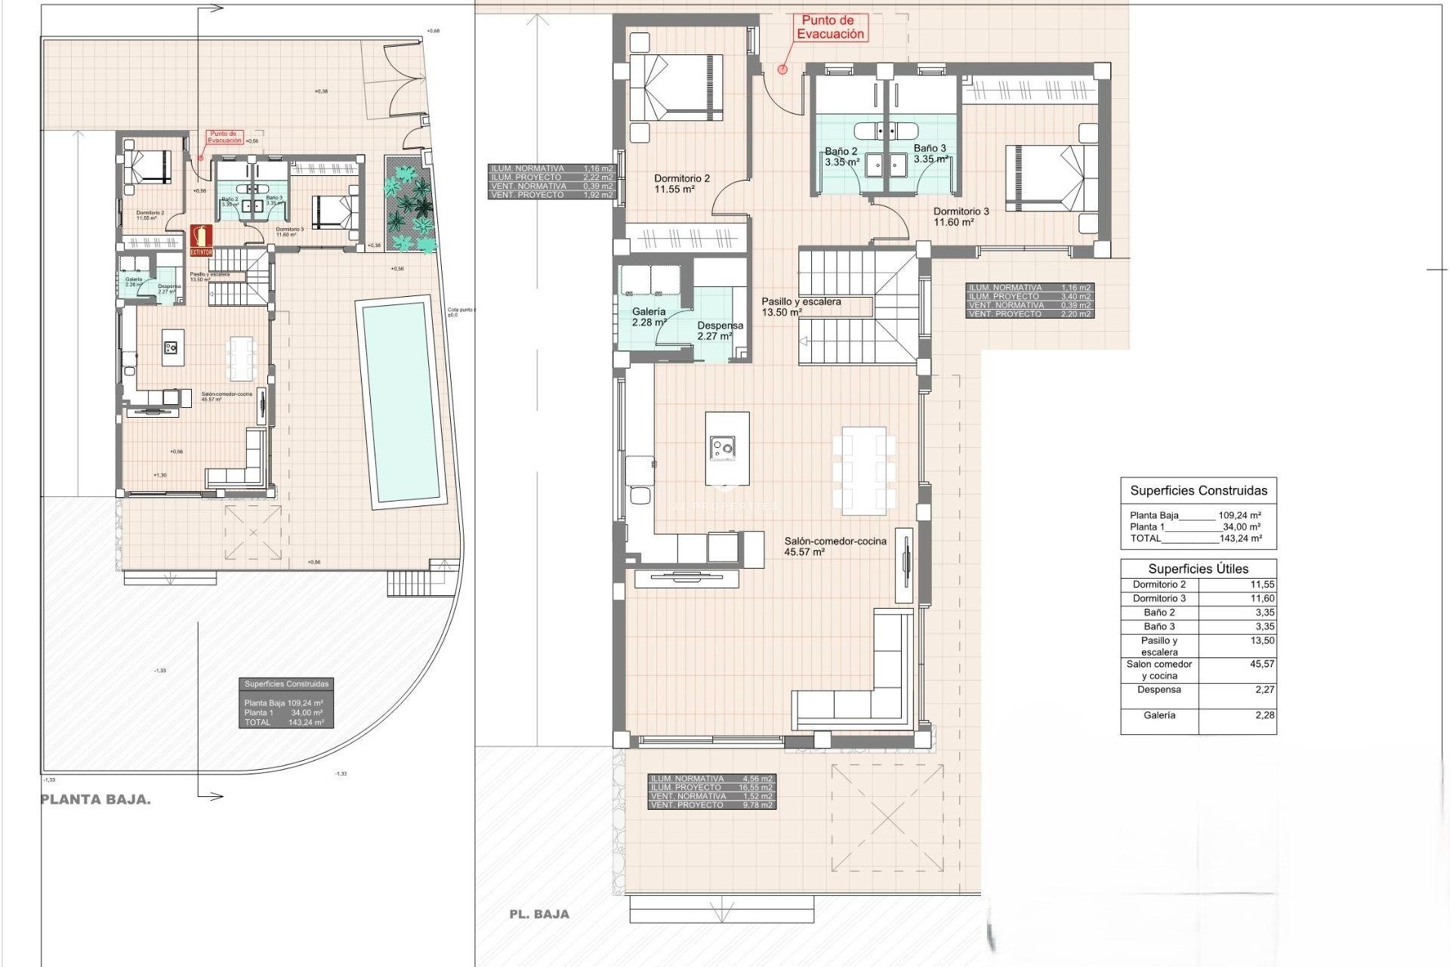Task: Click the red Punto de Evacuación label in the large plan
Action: pos(831,28)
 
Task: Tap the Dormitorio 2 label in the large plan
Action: pos(681,184)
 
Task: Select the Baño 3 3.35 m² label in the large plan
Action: pos(930,154)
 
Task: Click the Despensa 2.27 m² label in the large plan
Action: pos(720,331)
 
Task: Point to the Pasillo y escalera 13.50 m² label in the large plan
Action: pos(801,307)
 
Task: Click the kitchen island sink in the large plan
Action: pos(722,449)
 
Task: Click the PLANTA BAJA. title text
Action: pos(95,800)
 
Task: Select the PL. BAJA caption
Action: pos(539,914)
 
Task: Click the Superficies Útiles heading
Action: pos(1198,569)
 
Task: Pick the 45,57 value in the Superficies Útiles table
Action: pos(1262,664)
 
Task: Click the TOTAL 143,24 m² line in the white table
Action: pos(1195,539)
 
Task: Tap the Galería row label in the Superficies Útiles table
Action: pos(1158,715)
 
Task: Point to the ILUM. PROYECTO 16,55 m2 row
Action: pos(711,787)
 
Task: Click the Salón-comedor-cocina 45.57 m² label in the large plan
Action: pos(835,546)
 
